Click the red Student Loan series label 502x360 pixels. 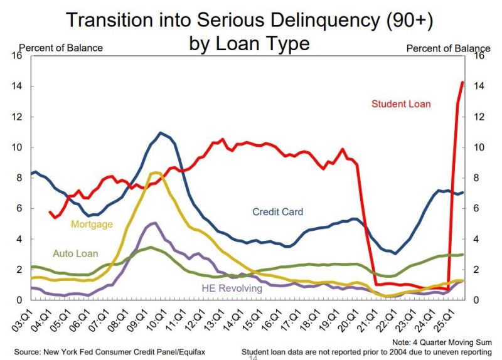(401, 103)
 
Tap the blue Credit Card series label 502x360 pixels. (277, 212)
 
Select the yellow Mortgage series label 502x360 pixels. (92, 224)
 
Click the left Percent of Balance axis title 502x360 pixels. (61, 48)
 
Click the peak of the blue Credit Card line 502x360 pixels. (161, 133)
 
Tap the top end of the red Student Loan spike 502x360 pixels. (462, 82)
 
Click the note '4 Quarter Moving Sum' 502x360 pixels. (450, 342)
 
